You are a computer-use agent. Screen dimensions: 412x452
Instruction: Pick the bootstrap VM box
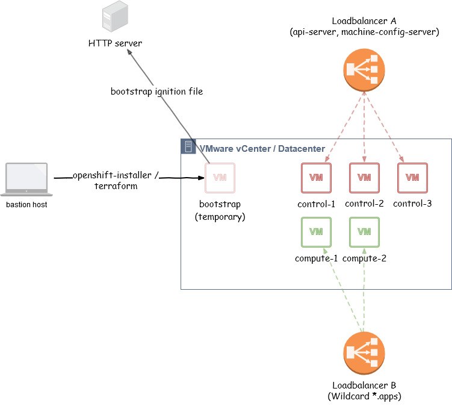220,178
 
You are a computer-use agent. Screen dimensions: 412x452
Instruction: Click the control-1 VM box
316,178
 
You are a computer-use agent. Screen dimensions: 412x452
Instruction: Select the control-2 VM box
364,178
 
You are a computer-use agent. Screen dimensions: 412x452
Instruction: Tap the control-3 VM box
412,178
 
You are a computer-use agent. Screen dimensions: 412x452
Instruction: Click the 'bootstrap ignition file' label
156,92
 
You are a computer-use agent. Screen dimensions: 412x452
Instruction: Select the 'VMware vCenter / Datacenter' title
262,148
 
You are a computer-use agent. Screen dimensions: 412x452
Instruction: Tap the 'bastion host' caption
26,205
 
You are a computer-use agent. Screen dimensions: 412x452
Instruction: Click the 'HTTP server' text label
115,43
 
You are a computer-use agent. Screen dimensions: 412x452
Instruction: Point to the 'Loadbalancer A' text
364,21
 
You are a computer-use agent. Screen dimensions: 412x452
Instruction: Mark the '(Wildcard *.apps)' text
364,396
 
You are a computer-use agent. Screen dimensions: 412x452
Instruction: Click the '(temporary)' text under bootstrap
220,217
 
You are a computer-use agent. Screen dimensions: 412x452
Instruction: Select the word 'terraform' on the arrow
116,186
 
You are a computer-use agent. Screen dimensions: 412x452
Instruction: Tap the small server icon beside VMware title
188,147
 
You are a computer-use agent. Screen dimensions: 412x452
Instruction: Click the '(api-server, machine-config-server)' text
364,32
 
